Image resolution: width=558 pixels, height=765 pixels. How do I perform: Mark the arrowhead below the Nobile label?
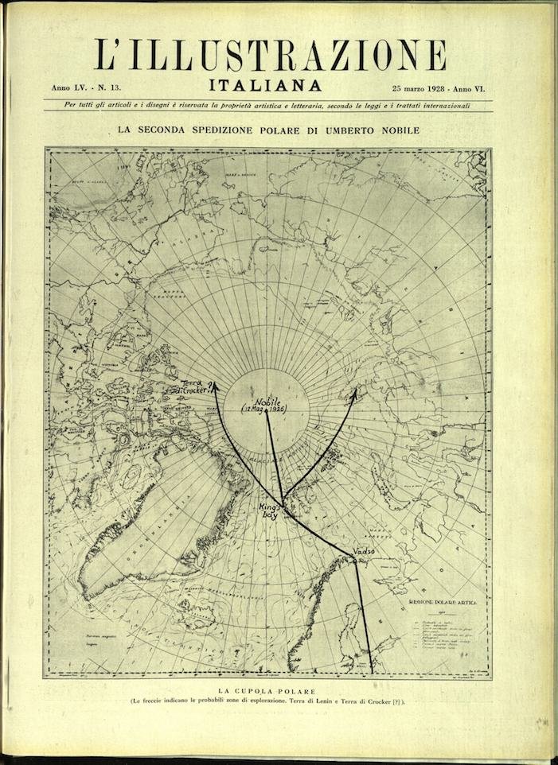click(266, 419)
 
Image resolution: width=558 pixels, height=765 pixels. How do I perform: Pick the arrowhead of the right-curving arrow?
click(356, 390)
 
